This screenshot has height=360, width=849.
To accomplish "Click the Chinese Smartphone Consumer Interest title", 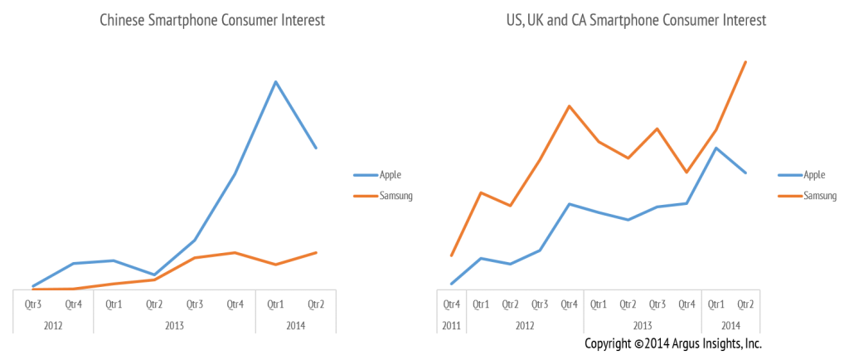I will [211, 21].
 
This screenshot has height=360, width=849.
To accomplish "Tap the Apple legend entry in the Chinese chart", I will [391, 175].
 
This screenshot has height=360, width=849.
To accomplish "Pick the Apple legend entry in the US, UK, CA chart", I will [814, 175].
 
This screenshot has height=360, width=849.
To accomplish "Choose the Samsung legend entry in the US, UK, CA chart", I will [819, 197].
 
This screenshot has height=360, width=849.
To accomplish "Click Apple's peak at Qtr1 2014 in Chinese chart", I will [275, 80].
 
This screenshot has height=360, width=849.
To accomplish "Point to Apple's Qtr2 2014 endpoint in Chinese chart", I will [316, 148].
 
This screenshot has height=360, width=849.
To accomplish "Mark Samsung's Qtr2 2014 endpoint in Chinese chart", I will [316, 252].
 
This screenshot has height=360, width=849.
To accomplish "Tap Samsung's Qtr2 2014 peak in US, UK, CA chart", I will [745, 62].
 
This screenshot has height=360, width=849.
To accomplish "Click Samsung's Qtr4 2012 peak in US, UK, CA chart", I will [569, 106].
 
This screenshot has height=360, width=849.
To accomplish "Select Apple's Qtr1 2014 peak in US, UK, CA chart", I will [716, 148].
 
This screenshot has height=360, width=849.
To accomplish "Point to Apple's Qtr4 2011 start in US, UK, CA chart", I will [451, 284].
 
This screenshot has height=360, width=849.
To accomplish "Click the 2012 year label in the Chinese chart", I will [53, 325].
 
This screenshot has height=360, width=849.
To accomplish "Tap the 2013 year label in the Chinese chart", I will [174, 325].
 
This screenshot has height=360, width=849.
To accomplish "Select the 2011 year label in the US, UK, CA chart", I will [451, 325].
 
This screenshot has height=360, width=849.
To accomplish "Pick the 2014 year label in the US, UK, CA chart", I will [730, 325].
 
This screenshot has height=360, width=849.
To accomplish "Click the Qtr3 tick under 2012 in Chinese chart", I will [33, 304].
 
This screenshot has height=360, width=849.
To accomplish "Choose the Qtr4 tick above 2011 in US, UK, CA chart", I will [451, 304].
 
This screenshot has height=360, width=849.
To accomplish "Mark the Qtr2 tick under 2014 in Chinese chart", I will [316, 304].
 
